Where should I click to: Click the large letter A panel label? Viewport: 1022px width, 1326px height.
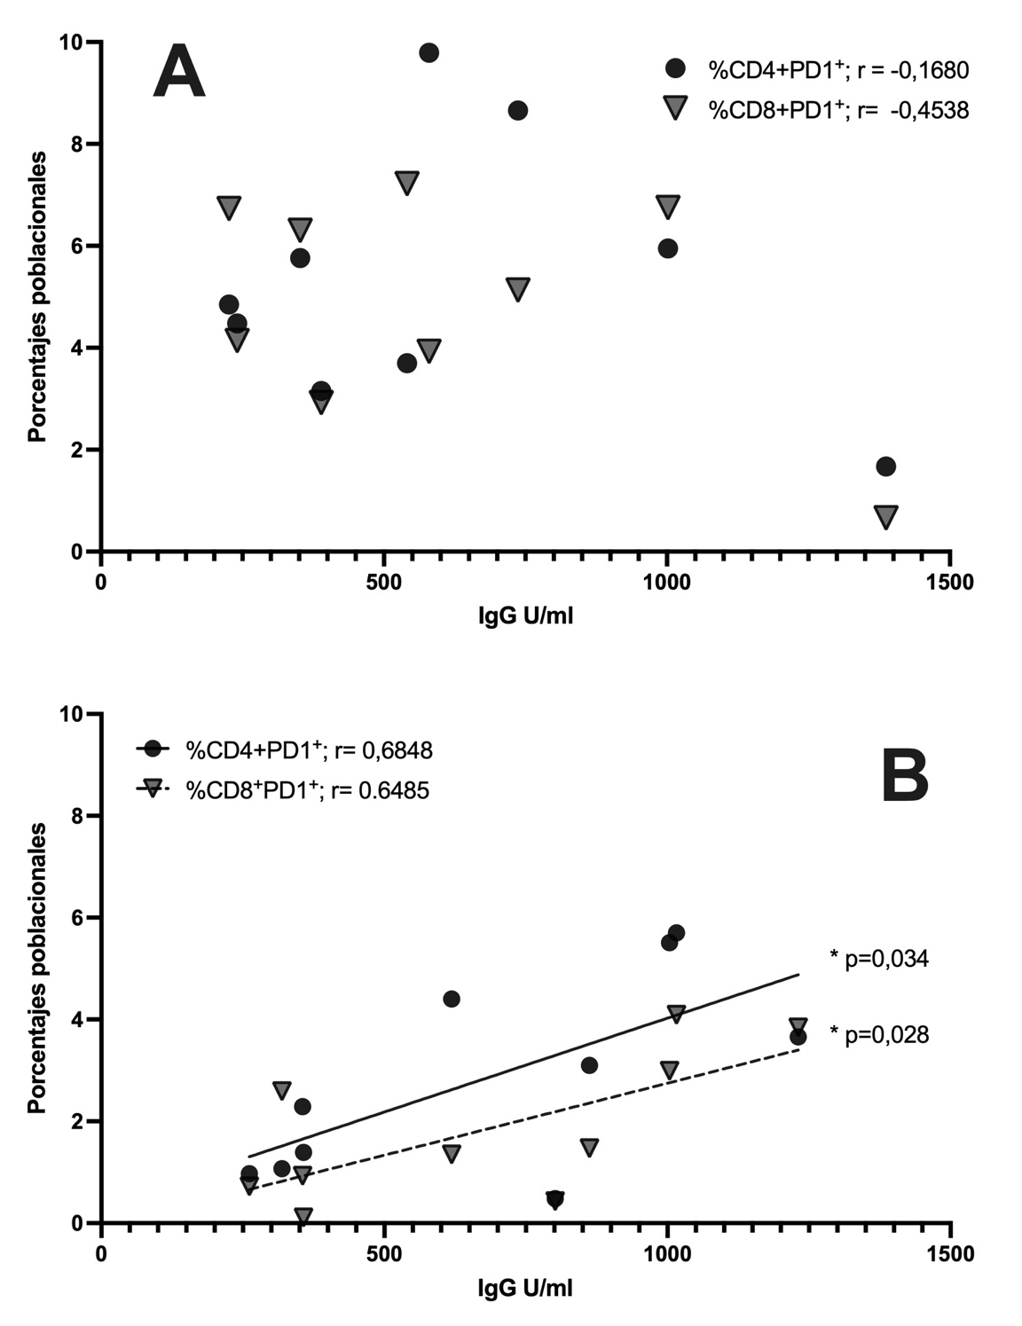179,75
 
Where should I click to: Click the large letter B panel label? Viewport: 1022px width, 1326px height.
904,777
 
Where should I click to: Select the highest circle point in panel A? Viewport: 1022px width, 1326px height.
428,52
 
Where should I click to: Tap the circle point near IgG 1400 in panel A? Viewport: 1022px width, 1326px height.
885,467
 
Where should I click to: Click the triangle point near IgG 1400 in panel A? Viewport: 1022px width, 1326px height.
885,516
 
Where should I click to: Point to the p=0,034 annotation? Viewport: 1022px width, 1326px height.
879,958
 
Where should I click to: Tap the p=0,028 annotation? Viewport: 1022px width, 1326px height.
879,1034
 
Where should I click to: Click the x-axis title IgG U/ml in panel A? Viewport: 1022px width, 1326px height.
525,616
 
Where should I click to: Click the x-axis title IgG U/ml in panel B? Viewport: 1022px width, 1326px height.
525,1287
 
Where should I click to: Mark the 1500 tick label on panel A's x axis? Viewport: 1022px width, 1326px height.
949,583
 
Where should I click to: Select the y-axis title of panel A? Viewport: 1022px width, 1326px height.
36,297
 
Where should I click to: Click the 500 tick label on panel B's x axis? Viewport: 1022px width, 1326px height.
383,1254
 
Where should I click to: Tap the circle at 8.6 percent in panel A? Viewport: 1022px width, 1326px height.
518,110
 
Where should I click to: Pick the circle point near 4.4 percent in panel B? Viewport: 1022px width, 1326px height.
451,999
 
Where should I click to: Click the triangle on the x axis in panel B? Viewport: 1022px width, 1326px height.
303,1216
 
